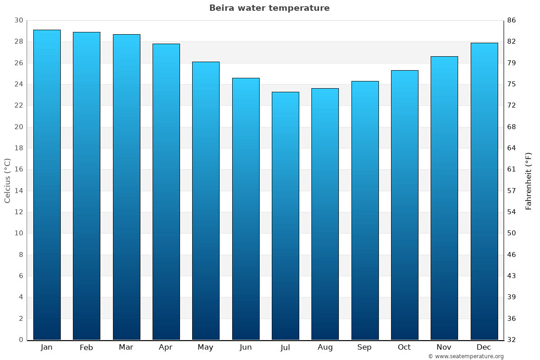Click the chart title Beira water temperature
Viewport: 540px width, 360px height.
[269, 8]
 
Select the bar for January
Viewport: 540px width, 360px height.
[47, 184]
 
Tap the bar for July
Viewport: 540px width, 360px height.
[285, 216]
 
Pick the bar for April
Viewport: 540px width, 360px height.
[166, 192]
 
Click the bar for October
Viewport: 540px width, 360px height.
[405, 205]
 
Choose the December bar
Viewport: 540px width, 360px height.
[484, 191]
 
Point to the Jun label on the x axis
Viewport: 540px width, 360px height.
[246, 347]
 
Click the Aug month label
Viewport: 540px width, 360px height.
[325, 347]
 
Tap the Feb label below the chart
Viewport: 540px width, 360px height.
[86, 347]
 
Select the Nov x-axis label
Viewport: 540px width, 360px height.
[444, 347]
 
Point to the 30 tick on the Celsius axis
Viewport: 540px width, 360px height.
[18, 20]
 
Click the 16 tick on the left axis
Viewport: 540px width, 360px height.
[18, 169]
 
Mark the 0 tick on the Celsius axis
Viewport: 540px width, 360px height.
[21, 340]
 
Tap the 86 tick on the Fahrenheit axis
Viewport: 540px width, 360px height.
[512, 20]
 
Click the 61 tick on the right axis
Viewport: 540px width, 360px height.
[512, 169]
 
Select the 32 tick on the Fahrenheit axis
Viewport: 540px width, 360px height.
[512, 340]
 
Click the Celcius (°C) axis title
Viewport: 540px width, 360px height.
[7, 180]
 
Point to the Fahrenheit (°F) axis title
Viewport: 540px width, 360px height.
[529, 180]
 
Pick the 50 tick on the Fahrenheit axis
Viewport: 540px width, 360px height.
[512, 233]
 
